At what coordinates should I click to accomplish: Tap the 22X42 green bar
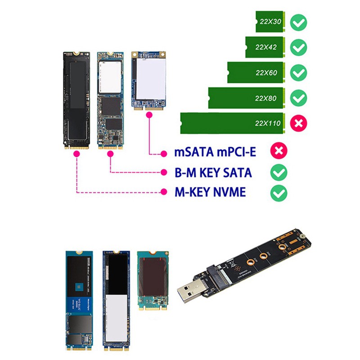265,47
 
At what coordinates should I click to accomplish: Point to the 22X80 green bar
247,98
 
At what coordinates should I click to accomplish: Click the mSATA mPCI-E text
215,152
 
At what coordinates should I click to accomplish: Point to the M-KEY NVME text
210,193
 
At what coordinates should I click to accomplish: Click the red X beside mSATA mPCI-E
279,152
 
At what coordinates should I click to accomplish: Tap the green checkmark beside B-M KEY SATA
279,172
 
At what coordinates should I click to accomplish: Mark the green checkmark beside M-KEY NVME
279,193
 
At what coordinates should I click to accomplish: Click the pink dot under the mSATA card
148,115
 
